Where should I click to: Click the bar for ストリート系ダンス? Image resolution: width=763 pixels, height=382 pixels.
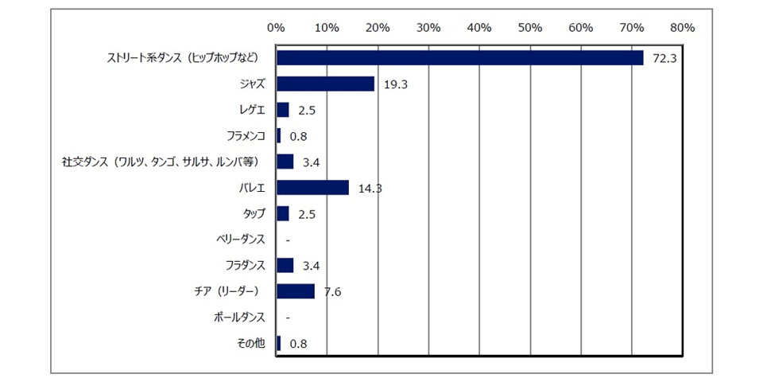459,58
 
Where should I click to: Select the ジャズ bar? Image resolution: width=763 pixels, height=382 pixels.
325,84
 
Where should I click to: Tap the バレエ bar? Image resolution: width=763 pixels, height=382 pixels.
312,187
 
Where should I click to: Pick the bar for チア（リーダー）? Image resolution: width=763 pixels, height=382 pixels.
296,290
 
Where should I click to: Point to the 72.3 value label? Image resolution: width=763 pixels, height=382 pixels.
664,58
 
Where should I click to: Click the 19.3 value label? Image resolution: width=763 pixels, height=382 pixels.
395,84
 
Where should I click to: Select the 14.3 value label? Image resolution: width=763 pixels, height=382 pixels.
370,188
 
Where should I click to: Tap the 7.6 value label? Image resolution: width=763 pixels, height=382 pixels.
332,291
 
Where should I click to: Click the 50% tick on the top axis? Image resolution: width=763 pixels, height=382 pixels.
529,27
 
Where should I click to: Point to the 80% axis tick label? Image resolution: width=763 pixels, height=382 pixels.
682,27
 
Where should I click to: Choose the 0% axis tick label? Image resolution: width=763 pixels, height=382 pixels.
276,27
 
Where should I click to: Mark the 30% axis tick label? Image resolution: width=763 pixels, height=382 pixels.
428,27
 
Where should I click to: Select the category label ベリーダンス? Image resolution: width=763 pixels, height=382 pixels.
240,239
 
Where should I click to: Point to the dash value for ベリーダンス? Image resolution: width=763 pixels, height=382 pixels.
287,240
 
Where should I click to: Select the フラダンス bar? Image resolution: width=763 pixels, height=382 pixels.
285,265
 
